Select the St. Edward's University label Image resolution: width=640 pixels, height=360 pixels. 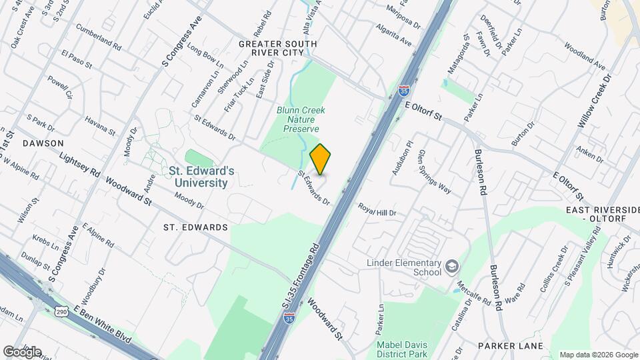pos(201,177)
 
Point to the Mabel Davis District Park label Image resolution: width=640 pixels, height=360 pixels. pos(401,349)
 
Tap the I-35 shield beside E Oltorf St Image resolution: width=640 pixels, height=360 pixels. pos(404,89)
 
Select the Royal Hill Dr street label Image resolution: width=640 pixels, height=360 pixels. pos(377,209)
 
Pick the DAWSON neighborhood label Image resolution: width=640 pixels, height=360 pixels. pos(43,143)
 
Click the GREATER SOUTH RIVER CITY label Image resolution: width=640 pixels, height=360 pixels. pos(278,49)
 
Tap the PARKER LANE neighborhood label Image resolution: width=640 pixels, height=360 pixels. pos(511,346)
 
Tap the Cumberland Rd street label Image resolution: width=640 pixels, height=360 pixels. pos(98,38)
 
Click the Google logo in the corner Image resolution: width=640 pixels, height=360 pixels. pos(22,351)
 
